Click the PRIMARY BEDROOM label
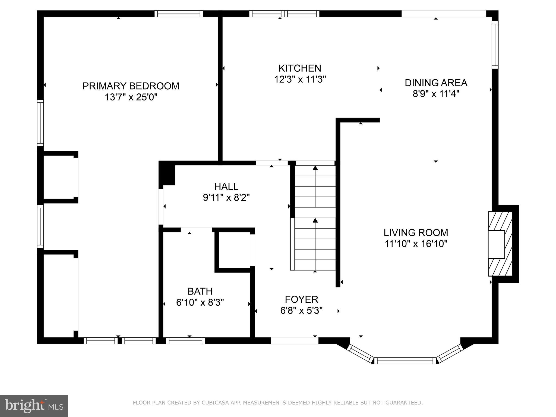(131, 86)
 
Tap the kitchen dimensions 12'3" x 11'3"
(300, 80)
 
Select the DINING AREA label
(436, 83)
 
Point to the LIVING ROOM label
(416, 233)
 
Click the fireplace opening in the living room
(496, 244)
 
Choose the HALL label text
(226, 187)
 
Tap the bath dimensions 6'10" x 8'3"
(200, 302)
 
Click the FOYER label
(301, 299)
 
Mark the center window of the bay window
(405, 361)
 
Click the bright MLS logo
(34, 406)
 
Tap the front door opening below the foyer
(294, 341)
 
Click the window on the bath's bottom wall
(185, 341)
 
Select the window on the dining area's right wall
(495, 45)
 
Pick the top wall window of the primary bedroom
(179, 14)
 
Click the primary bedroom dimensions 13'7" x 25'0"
(131, 97)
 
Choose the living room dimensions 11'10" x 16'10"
(416, 244)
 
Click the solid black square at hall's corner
(167, 174)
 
